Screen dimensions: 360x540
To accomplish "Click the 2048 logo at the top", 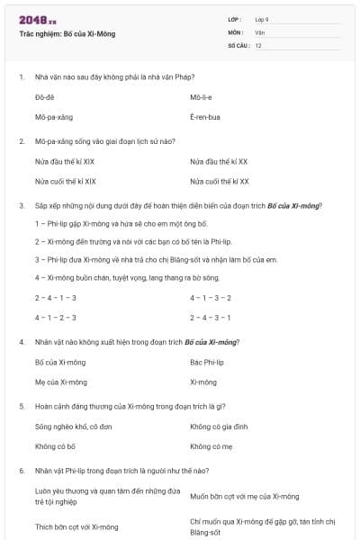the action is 37,20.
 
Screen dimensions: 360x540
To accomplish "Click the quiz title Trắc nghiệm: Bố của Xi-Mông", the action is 67,34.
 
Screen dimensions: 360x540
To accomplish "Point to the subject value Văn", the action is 259,32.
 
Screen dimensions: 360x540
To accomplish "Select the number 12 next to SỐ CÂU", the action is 258,45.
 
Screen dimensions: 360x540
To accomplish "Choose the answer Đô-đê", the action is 45,96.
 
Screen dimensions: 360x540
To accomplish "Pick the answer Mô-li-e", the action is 201,96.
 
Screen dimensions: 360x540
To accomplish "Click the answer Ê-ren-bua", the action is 204,117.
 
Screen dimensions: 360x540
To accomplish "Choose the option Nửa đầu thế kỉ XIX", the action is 65,161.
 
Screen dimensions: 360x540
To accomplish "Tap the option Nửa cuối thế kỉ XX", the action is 219,181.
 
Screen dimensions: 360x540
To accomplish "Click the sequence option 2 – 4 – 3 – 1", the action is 211,317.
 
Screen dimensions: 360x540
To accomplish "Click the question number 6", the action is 21,470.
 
